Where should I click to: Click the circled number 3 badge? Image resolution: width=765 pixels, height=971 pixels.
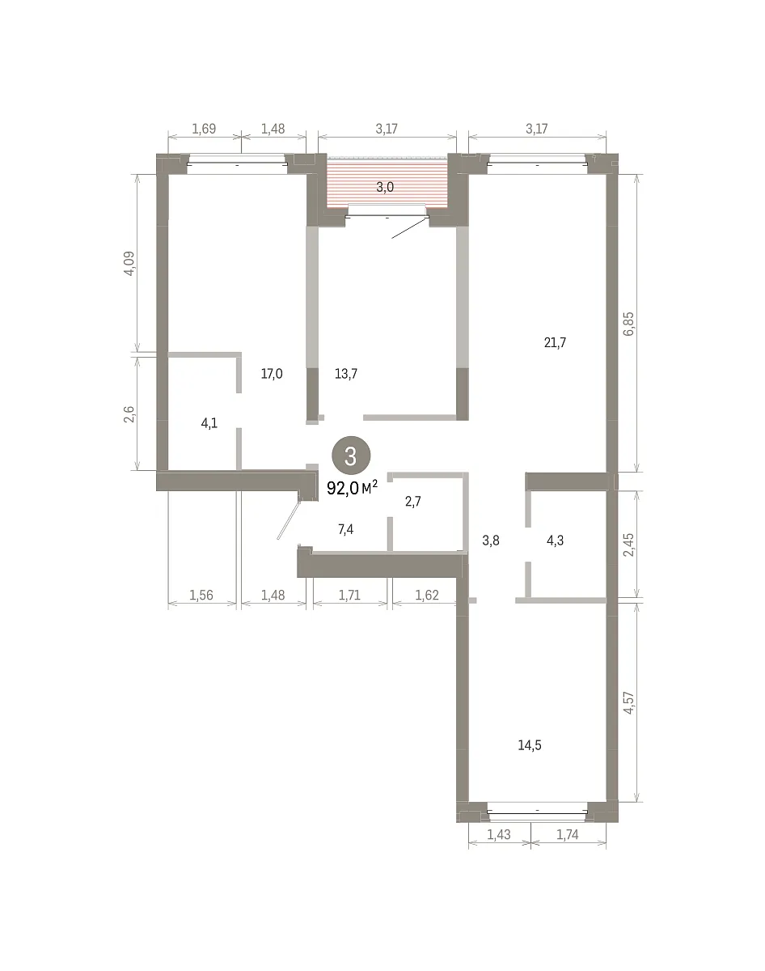coord(351,456)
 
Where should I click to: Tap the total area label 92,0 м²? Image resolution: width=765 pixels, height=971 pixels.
coord(353,488)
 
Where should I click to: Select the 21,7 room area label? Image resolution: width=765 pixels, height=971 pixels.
coord(555,343)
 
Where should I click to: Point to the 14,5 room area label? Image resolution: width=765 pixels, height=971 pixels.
coord(530,745)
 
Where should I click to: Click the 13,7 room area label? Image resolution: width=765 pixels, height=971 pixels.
coord(346,374)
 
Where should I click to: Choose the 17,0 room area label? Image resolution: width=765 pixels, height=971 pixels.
coord(272,374)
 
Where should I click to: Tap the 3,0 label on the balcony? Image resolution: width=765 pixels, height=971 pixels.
coord(385,187)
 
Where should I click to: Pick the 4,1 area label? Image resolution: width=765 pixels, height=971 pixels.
coord(209,423)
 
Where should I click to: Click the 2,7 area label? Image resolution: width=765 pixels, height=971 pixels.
coord(412,502)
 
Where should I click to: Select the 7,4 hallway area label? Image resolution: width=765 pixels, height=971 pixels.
coord(345,529)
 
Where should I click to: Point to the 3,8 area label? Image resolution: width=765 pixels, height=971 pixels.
coord(491,541)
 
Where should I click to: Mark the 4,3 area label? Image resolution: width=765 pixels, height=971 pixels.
coord(555,541)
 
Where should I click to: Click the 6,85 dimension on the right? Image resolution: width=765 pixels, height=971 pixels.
coord(628,324)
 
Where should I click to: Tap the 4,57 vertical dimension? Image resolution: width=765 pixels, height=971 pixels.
coord(628,702)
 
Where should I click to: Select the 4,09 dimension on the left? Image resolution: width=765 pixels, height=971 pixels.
coord(129,264)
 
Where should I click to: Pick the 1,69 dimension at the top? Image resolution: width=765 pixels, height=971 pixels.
coord(204,129)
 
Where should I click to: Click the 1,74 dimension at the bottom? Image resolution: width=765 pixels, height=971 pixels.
coord(567,835)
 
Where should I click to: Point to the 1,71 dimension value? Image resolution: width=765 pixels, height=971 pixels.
coord(349,596)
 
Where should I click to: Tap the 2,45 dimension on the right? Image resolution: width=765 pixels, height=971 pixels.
coord(628,545)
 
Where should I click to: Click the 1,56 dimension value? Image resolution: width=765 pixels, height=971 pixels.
coord(201,596)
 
